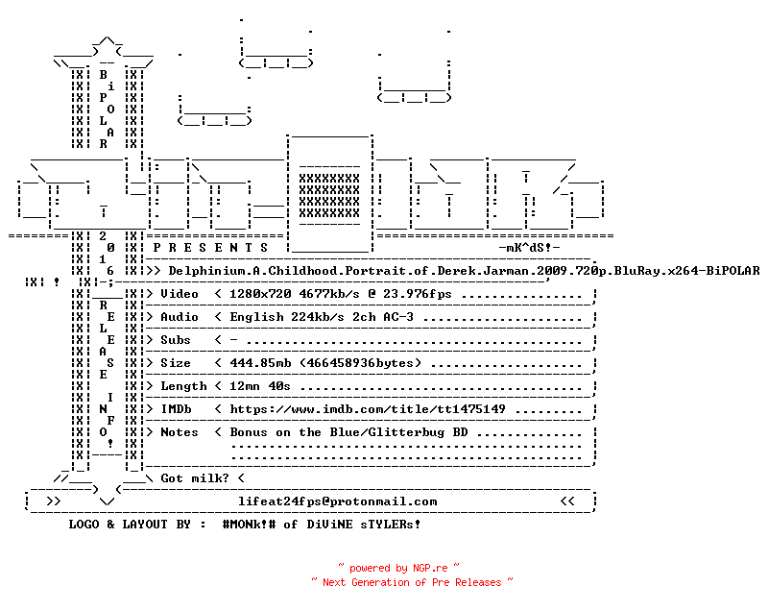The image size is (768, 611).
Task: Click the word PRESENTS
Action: (x=210, y=248)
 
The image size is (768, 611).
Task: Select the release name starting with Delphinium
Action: (x=464, y=271)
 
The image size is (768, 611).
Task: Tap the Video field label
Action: (x=180, y=294)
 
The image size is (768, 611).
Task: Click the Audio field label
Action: (x=180, y=316)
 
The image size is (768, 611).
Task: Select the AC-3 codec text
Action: (x=398, y=316)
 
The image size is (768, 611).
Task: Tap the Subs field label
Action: (x=176, y=339)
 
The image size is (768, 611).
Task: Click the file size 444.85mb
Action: (x=260, y=362)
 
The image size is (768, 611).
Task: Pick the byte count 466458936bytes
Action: (x=360, y=362)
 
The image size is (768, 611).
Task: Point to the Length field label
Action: (x=183, y=385)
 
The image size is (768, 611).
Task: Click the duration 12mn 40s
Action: (x=260, y=385)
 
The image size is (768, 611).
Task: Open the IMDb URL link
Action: (x=368, y=408)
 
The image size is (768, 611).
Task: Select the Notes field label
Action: (x=180, y=431)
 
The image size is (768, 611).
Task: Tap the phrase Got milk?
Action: (x=195, y=477)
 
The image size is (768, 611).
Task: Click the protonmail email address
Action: (x=337, y=501)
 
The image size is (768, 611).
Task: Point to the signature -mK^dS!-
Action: (x=529, y=248)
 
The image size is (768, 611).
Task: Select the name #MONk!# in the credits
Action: (x=249, y=524)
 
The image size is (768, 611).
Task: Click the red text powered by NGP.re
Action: (x=398, y=568)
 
